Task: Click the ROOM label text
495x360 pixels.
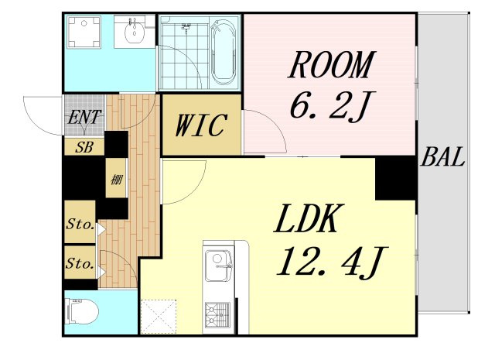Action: point(332,65)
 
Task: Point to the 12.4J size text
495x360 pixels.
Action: point(332,262)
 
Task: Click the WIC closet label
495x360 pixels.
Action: point(201,125)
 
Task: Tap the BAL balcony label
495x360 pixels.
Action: point(442,157)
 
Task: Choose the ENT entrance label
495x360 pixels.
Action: point(84,117)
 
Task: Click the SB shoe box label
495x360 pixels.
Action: point(84,147)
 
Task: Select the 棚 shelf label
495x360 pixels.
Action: point(116,180)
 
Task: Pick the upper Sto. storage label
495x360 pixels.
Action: point(80,225)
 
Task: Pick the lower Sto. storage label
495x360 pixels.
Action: point(80,263)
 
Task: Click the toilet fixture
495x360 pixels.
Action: point(83,312)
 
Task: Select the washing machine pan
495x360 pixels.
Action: point(84,33)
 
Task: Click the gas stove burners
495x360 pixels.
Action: point(218,314)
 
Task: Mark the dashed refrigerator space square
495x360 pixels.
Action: point(159,316)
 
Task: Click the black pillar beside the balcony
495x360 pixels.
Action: point(395,178)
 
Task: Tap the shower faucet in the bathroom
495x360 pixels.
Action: point(186,28)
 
